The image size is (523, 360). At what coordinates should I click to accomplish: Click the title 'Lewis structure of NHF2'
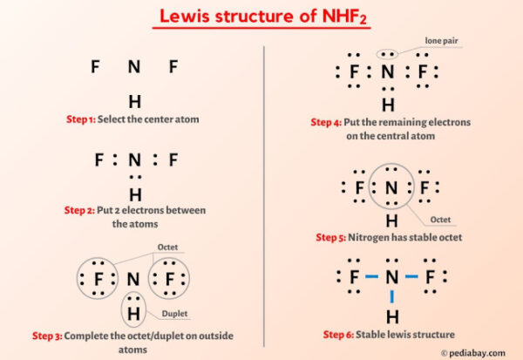[x=261, y=16]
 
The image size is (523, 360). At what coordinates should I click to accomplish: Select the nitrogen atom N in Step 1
[x=134, y=67]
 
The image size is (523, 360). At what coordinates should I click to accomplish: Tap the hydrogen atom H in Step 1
[x=134, y=101]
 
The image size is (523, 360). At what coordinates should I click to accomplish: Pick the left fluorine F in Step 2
[x=98, y=160]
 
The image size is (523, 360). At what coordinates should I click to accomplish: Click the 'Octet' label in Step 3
[x=167, y=248]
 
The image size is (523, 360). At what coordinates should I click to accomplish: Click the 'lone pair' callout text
[x=440, y=41]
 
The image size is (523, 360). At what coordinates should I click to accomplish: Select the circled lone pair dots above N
[x=388, y=54]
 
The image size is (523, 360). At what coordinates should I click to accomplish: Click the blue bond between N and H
[x=392, y=297]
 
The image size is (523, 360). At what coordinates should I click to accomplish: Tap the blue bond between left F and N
[x=371, y=278]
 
